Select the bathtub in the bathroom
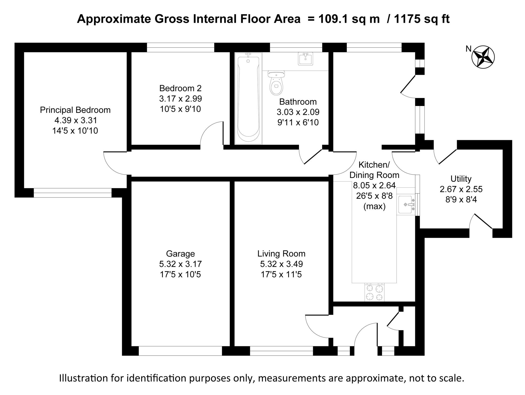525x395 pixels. [x=248, y=99]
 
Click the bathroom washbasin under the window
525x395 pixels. [x=306, y=59]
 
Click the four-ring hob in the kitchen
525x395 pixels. [x=374, y=292]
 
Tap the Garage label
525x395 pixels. [x=180, y=254]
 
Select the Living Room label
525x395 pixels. [x=281, y=254]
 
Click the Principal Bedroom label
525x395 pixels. [x=75, y=110]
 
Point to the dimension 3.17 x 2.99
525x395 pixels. [x=180, y=99]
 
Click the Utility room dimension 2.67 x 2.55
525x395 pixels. [x=461, y=189]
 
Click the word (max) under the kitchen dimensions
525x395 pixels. [x=374, y=206]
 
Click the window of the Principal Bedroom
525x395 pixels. [x=73, y=193]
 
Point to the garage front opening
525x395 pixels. [x=180, y=351]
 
